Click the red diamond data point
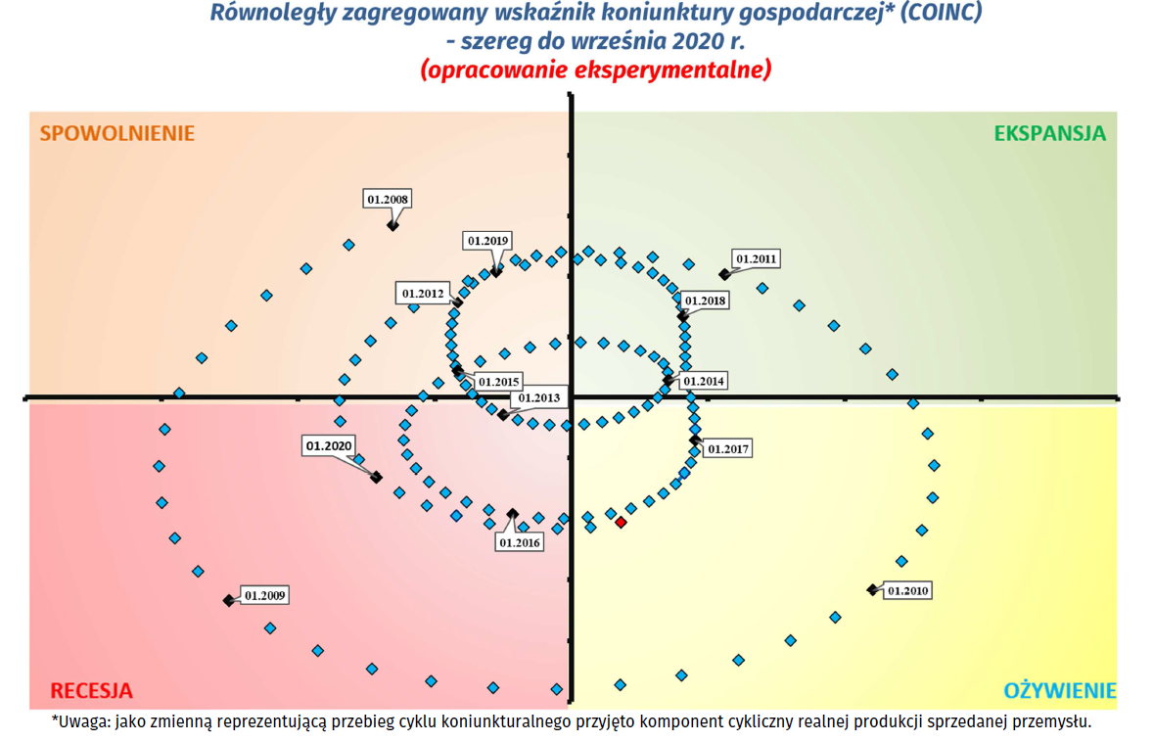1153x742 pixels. [x=621, y=523]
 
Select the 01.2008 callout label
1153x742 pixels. [x=388, y=199]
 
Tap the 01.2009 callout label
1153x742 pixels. [x=265, y=594]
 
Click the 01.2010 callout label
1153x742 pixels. [x=907, y=590]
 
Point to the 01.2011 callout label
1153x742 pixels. [x=757, y=259]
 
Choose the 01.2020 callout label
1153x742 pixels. [x=329, y=445]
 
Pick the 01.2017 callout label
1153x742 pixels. [x=727, y=449]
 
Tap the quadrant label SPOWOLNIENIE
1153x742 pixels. [x=117, y=133]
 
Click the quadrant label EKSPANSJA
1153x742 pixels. [x=1049, y=133]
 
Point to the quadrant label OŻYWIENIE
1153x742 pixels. [x=1060, y=689]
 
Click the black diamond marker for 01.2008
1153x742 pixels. [x=392, y=225]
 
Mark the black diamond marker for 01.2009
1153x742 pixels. [x=228, y=600]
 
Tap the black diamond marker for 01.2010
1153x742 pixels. [x=872, y=589]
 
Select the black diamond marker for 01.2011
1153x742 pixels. [x=724, y=274]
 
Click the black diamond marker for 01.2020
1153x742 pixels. [x=376, y=477]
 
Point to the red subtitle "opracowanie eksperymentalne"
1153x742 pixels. [x=595, y=70]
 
